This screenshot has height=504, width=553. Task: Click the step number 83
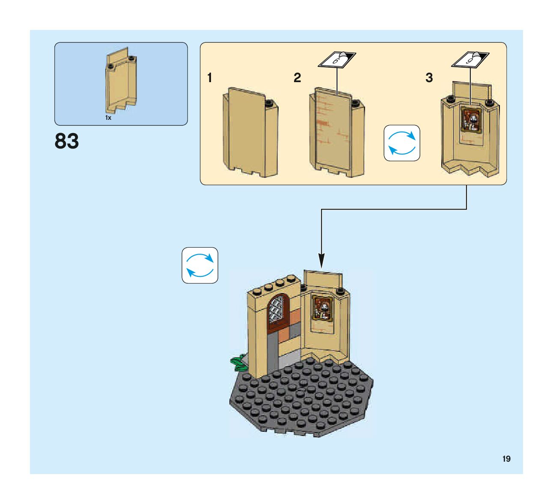click(67, 141)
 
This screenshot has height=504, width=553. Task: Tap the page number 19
click(506, 459)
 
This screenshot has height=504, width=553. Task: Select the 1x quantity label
click(108, 118)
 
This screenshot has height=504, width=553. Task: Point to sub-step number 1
click(209, 78)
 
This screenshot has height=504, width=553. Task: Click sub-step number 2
click(297, 78)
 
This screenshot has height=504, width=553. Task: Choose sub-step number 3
click(429, 78)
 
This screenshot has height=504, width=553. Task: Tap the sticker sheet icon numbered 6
click(337, 60)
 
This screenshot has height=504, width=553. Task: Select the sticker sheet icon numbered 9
click(470, 60)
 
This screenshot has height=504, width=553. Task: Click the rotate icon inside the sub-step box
click(401, 143)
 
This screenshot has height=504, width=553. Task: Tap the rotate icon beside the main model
click(200, 265)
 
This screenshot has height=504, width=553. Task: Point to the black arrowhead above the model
click(321, 261)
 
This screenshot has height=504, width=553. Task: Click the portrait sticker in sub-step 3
click(471, 119)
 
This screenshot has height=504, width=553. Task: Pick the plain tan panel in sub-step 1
click(250, 133)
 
